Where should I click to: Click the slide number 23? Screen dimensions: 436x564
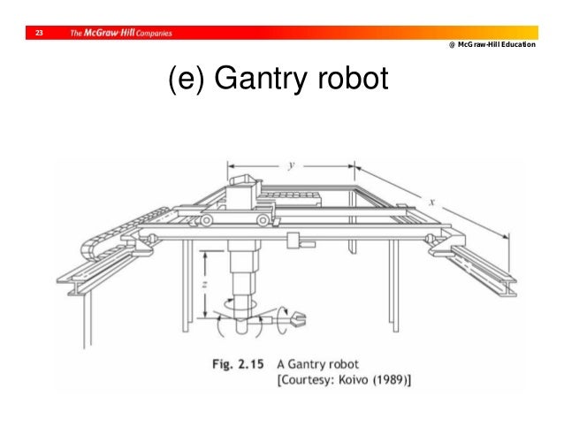[38, 34]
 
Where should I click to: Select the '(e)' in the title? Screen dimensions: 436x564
[183, 81]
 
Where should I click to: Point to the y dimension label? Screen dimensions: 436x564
[291, 164]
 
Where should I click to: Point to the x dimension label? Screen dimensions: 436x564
[431, 203]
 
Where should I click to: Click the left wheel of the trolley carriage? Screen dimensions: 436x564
[207, 219]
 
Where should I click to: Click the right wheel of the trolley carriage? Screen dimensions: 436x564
[263, 219]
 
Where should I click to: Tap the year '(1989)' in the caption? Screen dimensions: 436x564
[388, 379]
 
